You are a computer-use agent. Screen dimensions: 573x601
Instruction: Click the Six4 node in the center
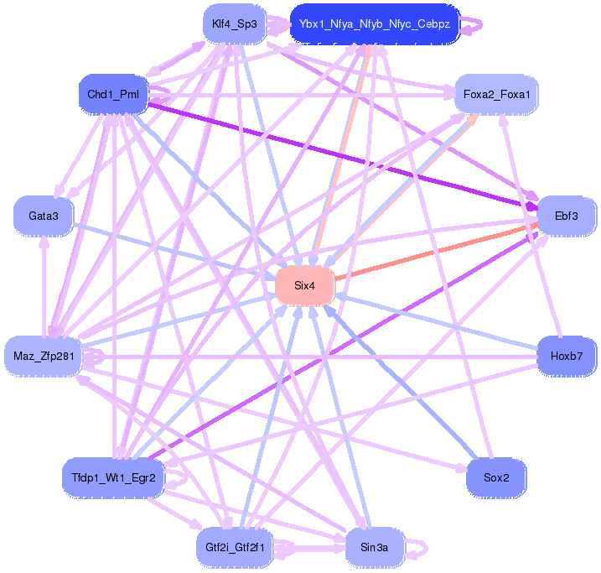[x=304, y=286]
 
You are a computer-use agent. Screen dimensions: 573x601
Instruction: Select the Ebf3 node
[x=567, y=216]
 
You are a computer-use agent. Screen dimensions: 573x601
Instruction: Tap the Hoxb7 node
[x=567, y=356]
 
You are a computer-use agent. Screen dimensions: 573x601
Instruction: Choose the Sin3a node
[x=373, y=548]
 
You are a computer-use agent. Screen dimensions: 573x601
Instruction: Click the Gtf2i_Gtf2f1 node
[x=235, y=548]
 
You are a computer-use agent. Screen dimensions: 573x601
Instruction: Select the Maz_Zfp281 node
[x=44, y=356]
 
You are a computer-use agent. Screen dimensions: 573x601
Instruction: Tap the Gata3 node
[x=44, y=216]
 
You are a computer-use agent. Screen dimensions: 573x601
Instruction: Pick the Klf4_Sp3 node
[x=235, y=23]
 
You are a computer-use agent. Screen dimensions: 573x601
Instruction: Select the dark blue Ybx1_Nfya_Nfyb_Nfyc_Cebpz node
[x=374, y=23]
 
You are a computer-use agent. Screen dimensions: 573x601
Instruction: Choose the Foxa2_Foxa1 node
[x=496, y=94]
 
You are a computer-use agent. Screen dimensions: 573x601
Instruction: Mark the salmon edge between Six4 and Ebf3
[x=436, y=251]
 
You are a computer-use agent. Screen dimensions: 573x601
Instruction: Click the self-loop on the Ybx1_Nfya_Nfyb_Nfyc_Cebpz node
[x=474, y=24]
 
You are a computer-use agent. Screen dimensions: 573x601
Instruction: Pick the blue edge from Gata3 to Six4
[x=176, y=250]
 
